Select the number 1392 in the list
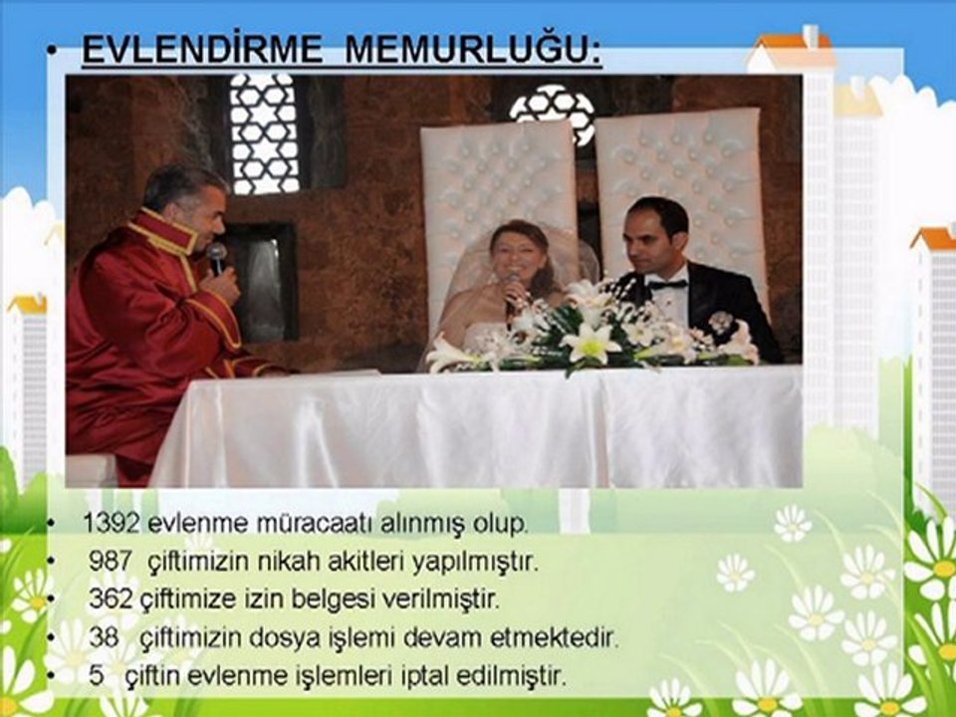tap(109, 522)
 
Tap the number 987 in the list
tap(110, 562)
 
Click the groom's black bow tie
tap(666, 284)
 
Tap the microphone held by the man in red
tap(216, 258)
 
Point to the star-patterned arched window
tap(264, 134)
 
